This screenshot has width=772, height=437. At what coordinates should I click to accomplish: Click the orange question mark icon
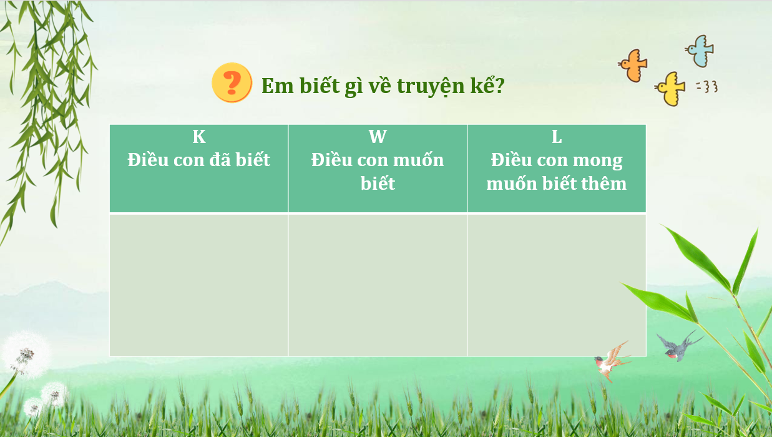tap(232, 82)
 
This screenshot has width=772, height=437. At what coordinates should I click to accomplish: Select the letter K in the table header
tap(199, 137)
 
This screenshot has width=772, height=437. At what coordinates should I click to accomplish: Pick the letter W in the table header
tap(378, 137)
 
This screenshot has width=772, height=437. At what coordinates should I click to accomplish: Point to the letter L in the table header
tap(557, 137)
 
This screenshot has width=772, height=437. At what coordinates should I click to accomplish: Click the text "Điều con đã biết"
tap(199, 160)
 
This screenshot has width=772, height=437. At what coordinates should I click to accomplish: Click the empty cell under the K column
tap(199, 285)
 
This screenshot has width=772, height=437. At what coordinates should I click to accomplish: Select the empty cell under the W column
tap(378, 285)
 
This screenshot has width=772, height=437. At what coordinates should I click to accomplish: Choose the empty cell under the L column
tap(557, 285)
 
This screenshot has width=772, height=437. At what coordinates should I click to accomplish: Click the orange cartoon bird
tap(633, 66)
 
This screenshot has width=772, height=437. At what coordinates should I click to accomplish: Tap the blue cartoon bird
tap(700, 51)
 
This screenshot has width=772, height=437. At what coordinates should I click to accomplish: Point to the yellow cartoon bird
tap(670, 89)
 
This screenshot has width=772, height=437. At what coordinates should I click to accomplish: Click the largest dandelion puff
tap(25, 355)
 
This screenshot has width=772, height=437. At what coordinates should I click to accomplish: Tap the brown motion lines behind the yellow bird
tap(707, 87)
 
